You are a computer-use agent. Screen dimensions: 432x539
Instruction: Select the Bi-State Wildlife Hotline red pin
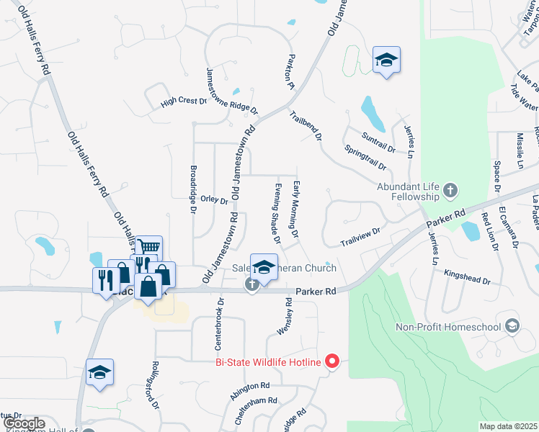point(331,361)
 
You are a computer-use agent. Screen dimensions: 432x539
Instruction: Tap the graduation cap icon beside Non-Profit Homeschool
point(512,327)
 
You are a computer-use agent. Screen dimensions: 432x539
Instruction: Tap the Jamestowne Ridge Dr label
point(231,91)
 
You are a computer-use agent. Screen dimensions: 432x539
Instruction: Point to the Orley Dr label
point(215,201)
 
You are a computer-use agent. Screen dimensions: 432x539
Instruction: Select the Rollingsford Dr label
point(155,385)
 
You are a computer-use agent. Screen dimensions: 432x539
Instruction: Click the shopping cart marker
point(148,247)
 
